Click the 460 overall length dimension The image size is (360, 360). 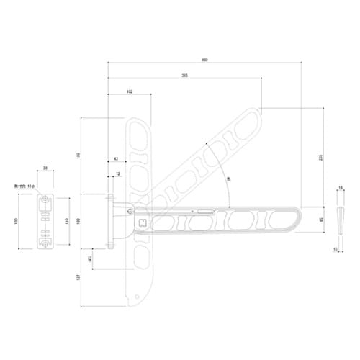(204, 60)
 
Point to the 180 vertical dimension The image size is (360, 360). (78, 156)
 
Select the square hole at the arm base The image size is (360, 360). (142, 222)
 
